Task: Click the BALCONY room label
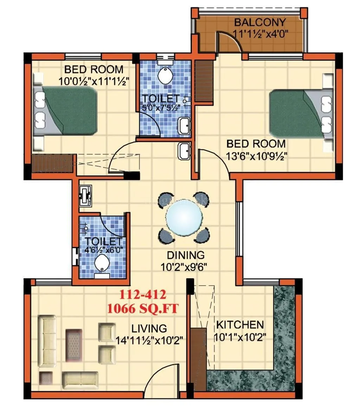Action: [x=260, y=23]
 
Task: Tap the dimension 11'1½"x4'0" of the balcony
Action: [x=260, y=34]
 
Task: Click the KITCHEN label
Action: [x=240, y=324]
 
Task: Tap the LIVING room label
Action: [x=149, y=329]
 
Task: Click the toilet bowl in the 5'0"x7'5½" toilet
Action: [x=165, y=75]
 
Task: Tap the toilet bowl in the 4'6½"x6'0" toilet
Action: [x=102, y=264]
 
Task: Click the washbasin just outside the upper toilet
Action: [x=184, y=151]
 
